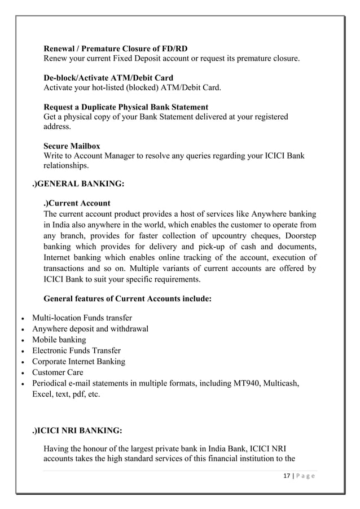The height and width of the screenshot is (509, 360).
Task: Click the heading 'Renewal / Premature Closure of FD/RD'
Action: [115, 49]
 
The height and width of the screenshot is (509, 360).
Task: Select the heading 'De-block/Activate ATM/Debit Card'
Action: [108, 78]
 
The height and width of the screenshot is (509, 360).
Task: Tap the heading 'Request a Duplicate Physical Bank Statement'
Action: [126, 107]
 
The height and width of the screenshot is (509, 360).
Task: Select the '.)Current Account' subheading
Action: [77, 203]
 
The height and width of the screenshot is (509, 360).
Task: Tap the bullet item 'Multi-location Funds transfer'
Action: [82, 318]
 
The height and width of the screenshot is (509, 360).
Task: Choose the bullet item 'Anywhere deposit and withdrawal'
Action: [90, 329]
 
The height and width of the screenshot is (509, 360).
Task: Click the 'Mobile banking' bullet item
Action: [59, 340]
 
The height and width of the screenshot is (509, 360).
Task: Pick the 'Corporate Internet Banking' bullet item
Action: [78, 362]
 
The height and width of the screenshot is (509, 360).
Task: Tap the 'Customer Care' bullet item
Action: [58, 372]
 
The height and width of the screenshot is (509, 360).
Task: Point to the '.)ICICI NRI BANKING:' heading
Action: [77, 431]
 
